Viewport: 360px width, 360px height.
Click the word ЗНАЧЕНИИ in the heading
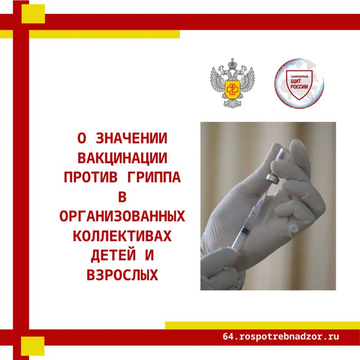coord(131,138)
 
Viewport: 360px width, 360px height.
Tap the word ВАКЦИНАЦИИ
coord(122,158)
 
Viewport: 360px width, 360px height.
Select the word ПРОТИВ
coord(91,177)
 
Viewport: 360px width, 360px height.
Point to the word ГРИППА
coord(154,177)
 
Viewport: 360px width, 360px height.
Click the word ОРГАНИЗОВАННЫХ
coord(122,216)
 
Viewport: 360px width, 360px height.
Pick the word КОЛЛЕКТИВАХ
coord(122,236)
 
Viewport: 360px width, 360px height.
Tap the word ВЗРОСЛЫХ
coord(122,275)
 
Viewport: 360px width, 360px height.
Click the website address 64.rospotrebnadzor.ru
coord(280,336)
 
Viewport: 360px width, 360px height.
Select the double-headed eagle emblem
coord(232,83)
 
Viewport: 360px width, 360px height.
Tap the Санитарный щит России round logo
coord(299,83)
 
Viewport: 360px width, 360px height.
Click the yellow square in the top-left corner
coord(33,14)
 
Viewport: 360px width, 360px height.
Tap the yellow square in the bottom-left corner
coord(32,346)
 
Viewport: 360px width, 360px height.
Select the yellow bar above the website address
coord(262,325)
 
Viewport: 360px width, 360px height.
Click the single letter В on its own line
coord(122,197)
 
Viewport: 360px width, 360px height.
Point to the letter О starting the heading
coord(82,138)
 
